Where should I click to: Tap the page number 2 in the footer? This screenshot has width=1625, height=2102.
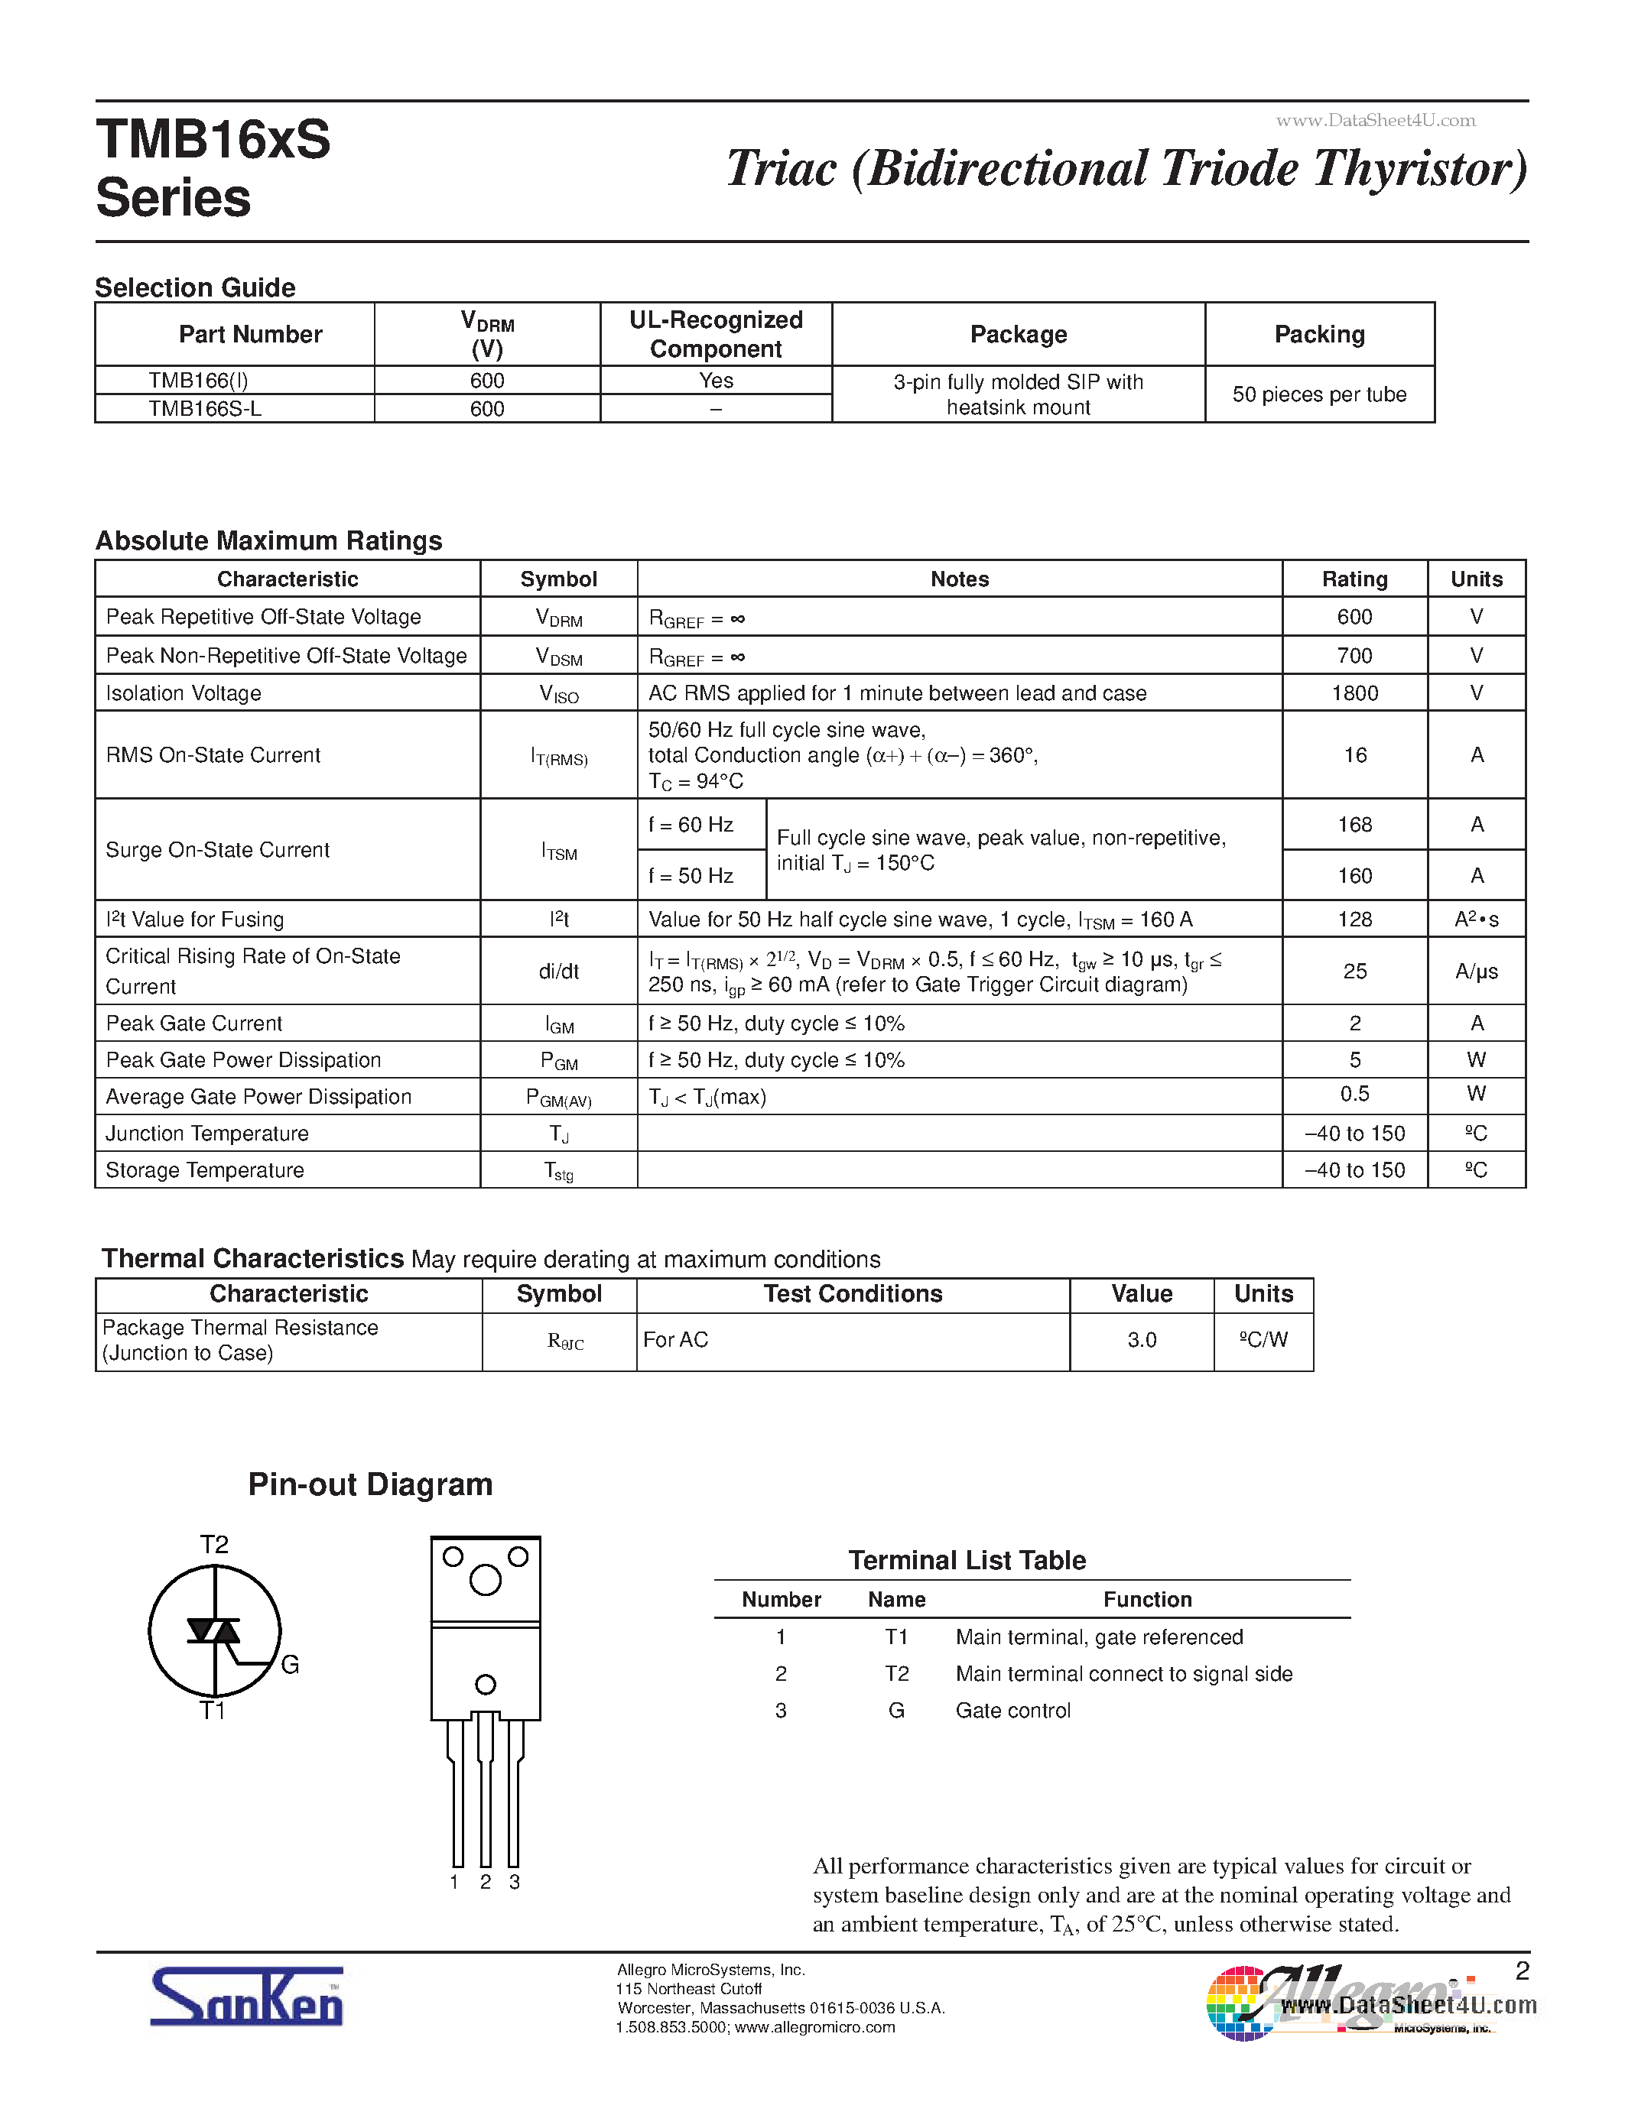pyautogui.click(x=1522, y=1971)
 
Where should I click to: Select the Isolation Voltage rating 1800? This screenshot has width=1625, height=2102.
pyautogui.click(x=1354, y=693)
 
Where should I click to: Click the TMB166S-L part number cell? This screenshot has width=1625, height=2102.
pyautogui.click(x=205, y=409)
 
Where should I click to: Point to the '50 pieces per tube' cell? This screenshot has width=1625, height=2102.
pyautogui.click(x=1319, y=394)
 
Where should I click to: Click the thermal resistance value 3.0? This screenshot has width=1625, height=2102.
pyautogui.click(x=1142, y=1340)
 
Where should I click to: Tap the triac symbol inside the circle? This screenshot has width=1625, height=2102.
pyautogui.click(x=213, y=1630)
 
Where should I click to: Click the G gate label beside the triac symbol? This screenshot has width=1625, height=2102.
pyautogui.click(x=290, y=1665)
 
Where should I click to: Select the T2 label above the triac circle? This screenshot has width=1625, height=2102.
pyautogui.click(x=213, y=1545)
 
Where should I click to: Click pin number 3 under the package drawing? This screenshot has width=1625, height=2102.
pyautogui.click(x=515, y=1882)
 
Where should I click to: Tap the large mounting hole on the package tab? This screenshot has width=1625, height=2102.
pyautogui.click(x=485, y=1579)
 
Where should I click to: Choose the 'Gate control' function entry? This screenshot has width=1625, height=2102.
pyautogui.click(x=1012, y=1711)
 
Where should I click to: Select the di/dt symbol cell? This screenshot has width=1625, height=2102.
pyautogui.click(x=558, y=971)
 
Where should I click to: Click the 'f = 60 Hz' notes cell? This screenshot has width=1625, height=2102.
pyautogui.click(x=691, y=825)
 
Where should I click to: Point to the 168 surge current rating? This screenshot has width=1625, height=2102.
pyautogui.click(x=1354, y=825)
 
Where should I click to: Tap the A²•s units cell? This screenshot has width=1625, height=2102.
pyautogui.click(x=1476, y=919)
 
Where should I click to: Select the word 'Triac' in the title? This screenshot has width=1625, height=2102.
pyautogui.click(x=782, y=168)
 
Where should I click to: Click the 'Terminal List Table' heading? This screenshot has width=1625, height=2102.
pyautogui.click(x=967, y=1560)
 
